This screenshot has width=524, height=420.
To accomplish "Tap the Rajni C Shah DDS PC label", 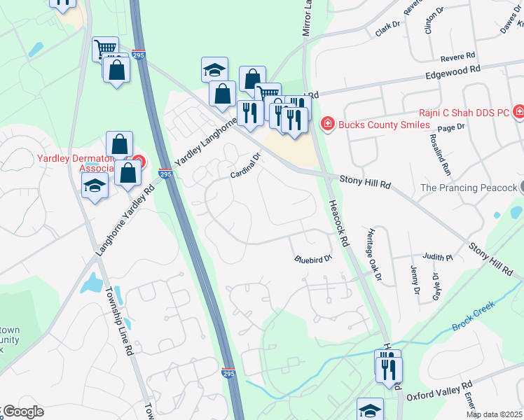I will pos(463,111).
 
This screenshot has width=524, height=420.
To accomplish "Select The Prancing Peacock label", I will pos(469,188).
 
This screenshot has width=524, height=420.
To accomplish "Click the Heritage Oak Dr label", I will pos(373,253).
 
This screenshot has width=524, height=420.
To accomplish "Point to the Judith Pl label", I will pos(439,257).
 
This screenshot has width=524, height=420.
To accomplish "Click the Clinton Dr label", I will pos(434,22).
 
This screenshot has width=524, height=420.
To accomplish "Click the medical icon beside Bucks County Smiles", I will pos(326,125).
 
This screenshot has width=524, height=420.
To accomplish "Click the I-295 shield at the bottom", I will pos(228,374).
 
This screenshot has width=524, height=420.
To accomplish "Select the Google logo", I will pos(22,412).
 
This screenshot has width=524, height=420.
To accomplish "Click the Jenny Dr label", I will pos(415,281).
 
